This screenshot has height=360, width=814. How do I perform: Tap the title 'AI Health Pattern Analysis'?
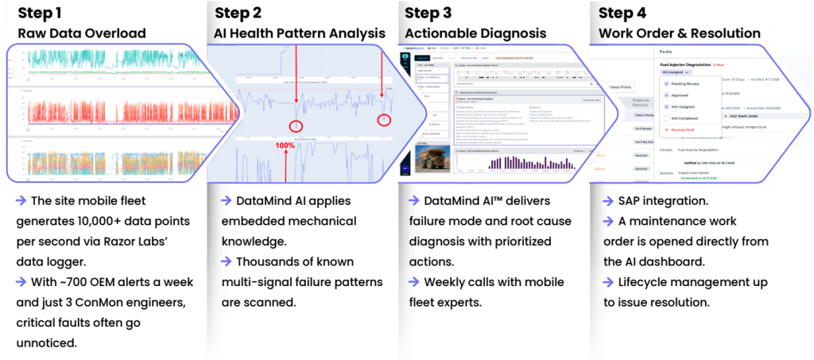click(x=299, y=33)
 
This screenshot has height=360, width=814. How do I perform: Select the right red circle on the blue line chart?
click(x=384, y=120)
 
